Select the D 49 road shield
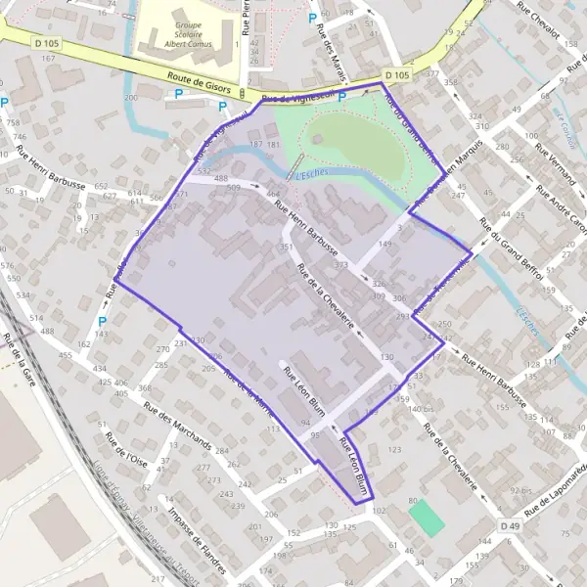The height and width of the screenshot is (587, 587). pyautogui.click(x=509, y=526)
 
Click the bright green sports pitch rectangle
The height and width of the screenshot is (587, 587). pyautogui.click(x=426, y=517)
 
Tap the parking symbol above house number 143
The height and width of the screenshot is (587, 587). pyautogui.click(x=102, y=320)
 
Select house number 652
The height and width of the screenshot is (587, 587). pyautogui.click(x=102, y=185)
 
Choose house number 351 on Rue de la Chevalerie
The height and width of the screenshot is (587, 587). pyautogui.click(x=286, y=248)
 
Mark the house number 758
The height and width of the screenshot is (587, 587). pyautogui.click(x=12, y=122)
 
